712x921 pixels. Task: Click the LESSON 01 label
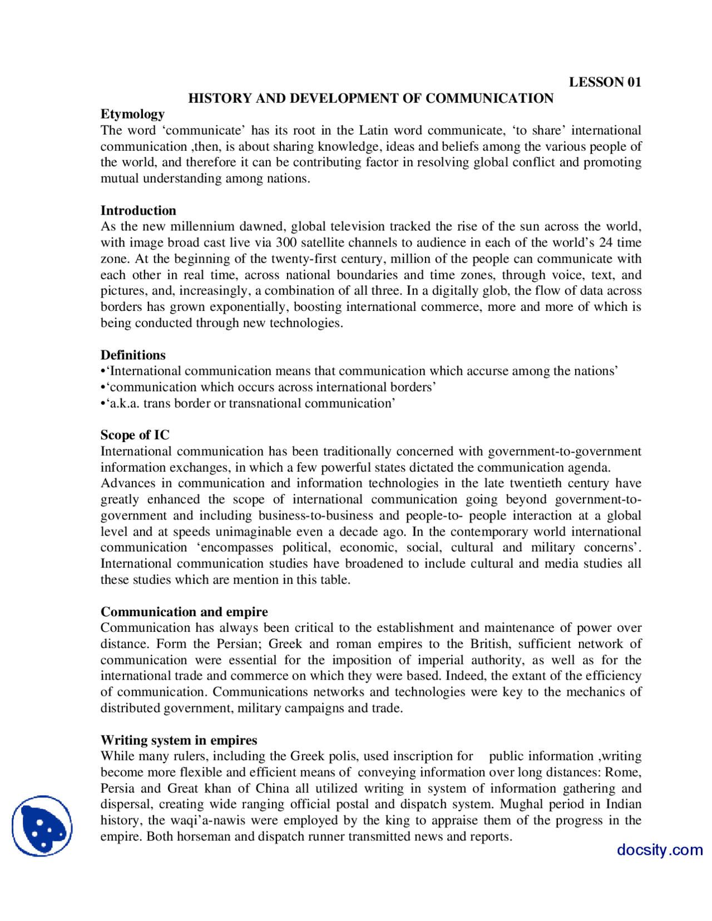[605, 82]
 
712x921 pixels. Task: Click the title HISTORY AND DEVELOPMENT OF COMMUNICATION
[370, 98]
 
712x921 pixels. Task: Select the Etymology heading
[132, 115]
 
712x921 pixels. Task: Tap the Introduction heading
[138, 211]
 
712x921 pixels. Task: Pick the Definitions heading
[133, 355]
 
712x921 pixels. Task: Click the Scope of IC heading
[135, 435]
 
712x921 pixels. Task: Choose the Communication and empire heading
[184, 612]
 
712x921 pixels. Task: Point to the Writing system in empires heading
[179, 741]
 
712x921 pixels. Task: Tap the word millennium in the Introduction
[202, 227]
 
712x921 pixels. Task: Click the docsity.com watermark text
[659, 850]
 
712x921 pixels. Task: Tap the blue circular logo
[42, 826]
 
